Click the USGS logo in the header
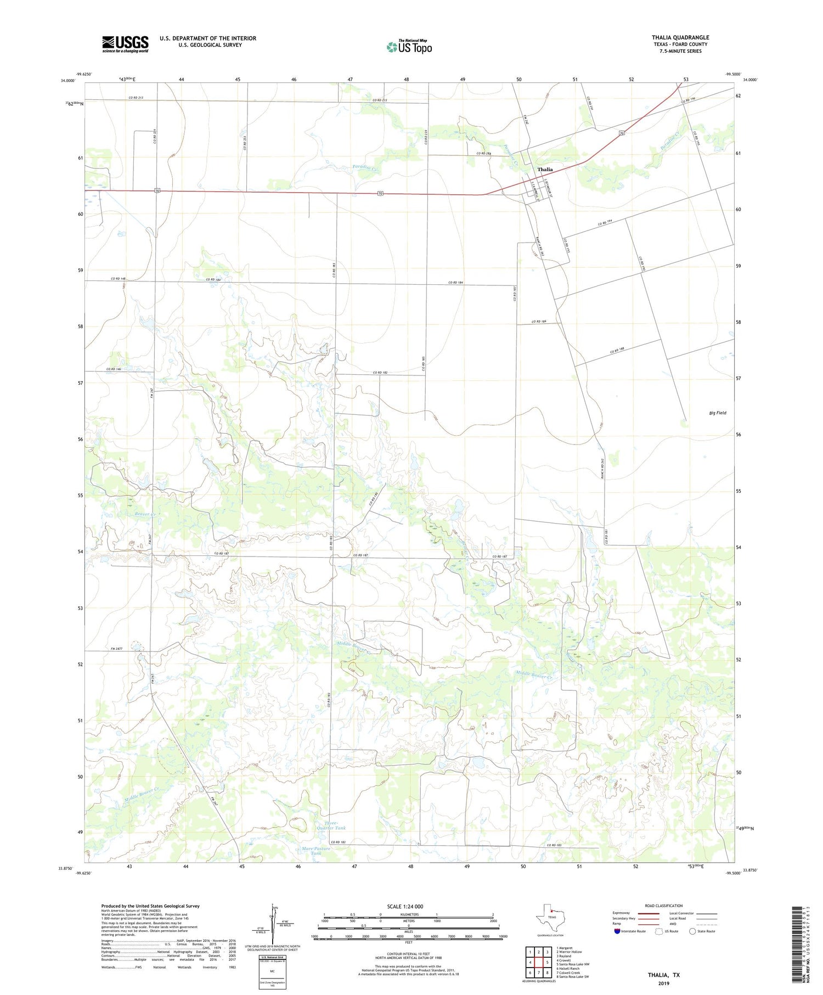pos(125,44)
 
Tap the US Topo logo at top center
pos(409,47)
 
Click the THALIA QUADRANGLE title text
pos(680,37)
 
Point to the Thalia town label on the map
pos(545,170)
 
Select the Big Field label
pos(717,413)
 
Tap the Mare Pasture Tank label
pos(317,851)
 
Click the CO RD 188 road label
pos(618,351)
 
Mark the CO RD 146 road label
pos(114,369)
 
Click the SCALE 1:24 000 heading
pos(405,907)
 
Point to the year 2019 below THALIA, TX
pos(663,983)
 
